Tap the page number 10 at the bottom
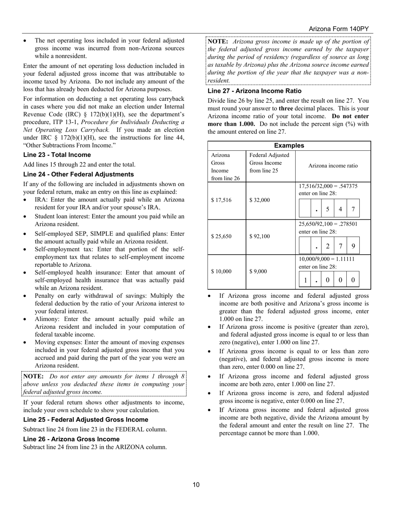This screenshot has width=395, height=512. coord(196,485)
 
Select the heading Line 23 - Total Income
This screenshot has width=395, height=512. coord(57,155)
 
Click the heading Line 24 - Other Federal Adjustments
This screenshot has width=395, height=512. coord(79,174)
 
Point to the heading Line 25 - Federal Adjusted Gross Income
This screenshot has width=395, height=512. coord(86,420)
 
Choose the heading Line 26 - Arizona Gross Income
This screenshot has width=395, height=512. coord(71,439)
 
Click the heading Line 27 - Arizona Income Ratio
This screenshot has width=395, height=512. coord(254,91)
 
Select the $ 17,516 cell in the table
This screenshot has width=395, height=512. coord(221,200)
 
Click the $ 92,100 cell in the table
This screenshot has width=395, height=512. coord(259,236)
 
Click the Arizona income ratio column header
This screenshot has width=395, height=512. coord(333,166)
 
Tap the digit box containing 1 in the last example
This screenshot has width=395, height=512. coord(306,280)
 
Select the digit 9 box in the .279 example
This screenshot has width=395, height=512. coord(353,246)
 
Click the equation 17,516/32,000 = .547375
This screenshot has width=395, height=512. coord(328,186)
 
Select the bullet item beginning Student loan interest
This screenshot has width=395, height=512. coord(109,220)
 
